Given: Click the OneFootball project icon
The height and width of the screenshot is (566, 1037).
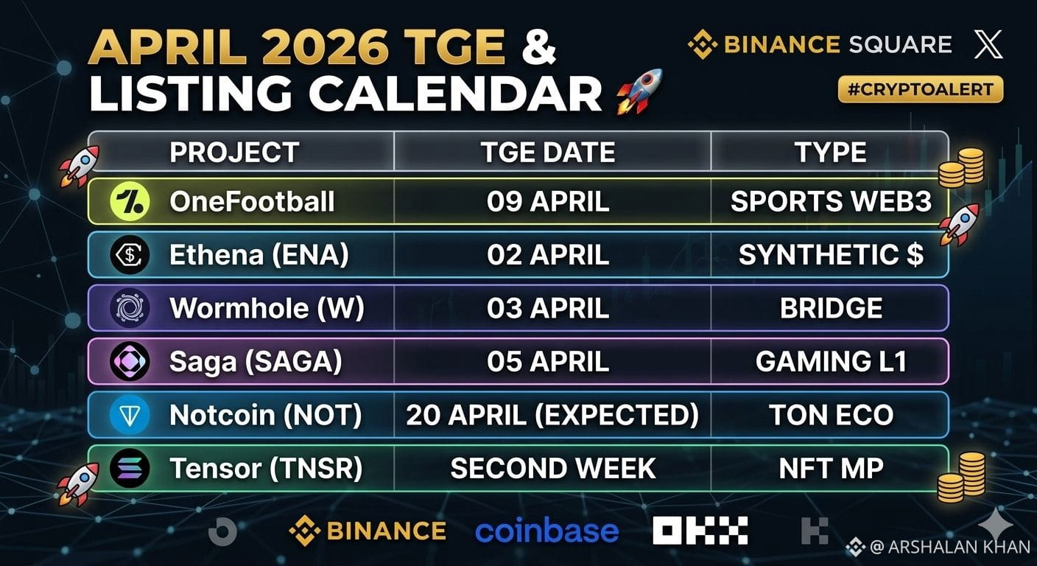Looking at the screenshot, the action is [130, 201].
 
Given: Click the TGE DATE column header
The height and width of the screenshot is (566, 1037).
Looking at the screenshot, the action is [548, 153].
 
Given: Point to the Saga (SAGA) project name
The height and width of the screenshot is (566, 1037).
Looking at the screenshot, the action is [256, 362].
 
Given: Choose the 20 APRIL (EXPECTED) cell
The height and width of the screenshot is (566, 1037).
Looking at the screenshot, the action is [552, 415].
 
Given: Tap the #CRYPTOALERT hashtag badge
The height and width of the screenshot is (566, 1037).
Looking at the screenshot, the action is [921, 89].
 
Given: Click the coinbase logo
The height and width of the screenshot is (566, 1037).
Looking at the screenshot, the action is [546, 531].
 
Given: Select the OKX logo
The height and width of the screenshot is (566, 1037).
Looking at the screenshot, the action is [700, 531].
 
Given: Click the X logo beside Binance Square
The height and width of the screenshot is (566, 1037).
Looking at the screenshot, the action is [988, 44].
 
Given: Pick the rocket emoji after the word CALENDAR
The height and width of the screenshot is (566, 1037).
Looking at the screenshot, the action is [639, 91].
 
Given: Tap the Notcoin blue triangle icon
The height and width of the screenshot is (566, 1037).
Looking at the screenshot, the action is [130, 415].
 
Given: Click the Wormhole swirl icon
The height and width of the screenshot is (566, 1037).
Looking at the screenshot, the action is [130, 308].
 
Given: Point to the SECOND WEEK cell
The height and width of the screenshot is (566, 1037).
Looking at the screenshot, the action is [553, 468].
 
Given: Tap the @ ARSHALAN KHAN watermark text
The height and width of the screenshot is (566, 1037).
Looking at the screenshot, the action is [949, 547].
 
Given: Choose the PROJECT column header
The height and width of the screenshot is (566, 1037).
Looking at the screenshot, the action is [234, 153].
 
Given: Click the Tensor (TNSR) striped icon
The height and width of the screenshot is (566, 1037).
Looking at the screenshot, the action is [130, 468].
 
